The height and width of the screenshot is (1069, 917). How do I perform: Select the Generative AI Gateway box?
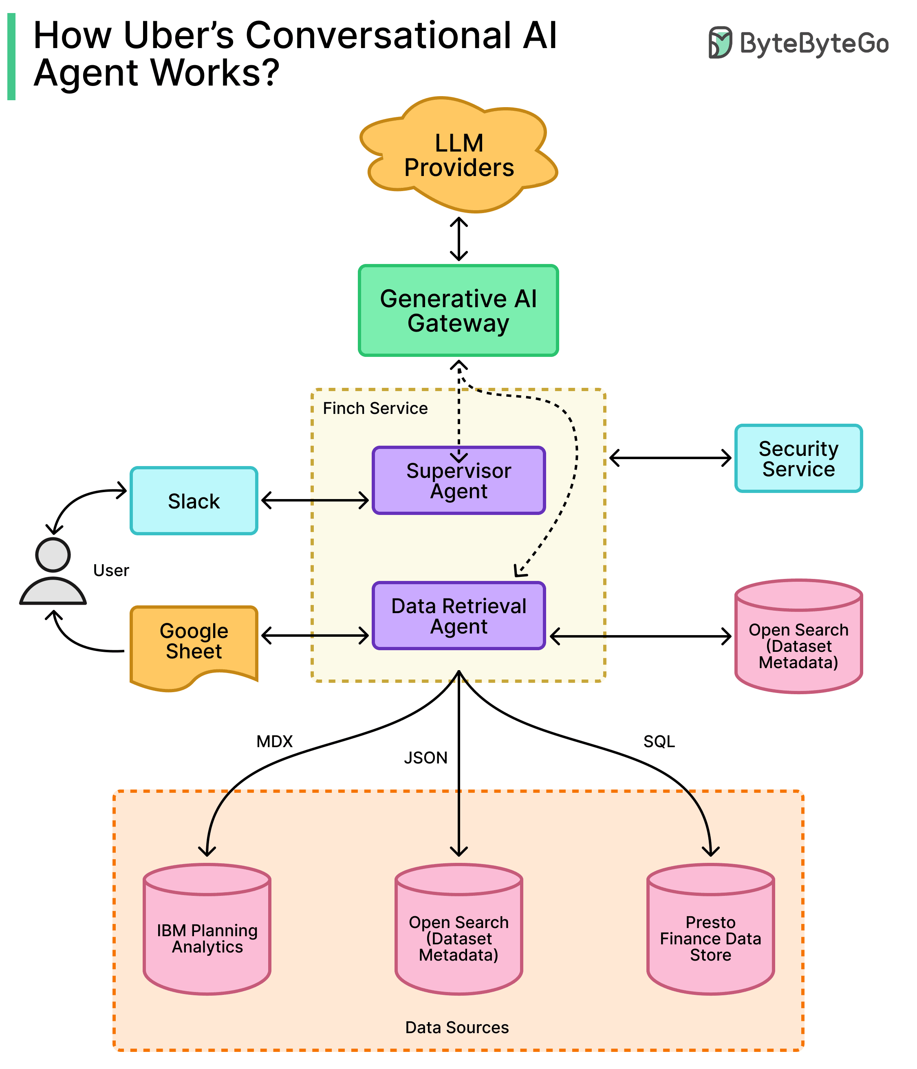point(458,310)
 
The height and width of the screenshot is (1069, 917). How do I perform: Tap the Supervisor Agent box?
point(458,480)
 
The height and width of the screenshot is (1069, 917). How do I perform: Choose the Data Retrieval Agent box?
point(458,616)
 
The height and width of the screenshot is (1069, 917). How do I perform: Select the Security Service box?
point(798,459)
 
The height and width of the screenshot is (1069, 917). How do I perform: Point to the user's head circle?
point(53,554)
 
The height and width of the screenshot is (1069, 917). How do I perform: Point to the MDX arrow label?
point(275,741)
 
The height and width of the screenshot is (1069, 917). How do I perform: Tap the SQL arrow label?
point(659,741)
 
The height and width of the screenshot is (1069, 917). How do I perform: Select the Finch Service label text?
point(375,409)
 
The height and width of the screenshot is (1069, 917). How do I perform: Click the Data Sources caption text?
point(457,1027)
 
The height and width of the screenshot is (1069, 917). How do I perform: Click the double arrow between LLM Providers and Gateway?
point(459,239)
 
